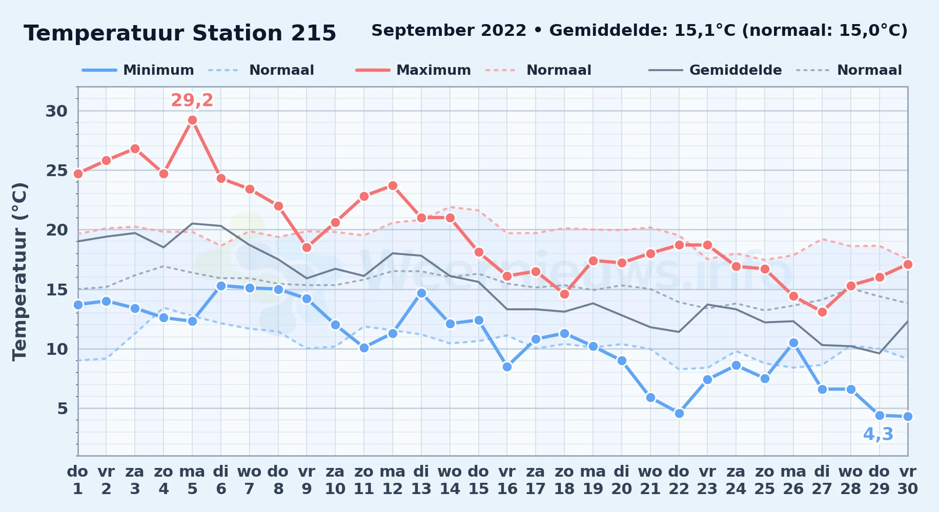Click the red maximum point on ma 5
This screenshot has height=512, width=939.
coord(192,120)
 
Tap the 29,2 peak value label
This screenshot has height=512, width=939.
coord(192,100)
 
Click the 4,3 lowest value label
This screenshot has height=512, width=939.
coord(878,434)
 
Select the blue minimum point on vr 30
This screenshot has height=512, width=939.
coord(908,416)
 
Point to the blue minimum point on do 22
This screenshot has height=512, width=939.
coord(679,413)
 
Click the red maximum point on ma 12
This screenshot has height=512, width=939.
coord(393,185)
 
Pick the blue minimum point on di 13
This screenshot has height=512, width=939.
coord(421,293)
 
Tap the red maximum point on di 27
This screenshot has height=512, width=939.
coord(822,312)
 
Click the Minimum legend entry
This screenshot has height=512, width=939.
coord(138,70)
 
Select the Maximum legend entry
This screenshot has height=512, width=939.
coord(413,70)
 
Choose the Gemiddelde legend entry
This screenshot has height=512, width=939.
coord(716,70)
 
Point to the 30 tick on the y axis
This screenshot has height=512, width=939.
coord(56,111)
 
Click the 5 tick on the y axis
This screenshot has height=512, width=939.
coord(63,409)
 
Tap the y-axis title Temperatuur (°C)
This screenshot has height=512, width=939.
coord(19,271)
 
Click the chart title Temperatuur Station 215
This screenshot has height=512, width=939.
coord(180,33)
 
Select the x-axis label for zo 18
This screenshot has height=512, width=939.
coord(564,480)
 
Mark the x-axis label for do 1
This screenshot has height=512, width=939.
coord(78,480)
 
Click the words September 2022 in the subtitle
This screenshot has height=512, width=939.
coord(449,31)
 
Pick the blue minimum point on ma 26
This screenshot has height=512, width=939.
coord(793,343)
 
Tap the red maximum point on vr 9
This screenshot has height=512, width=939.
coord(307,247)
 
